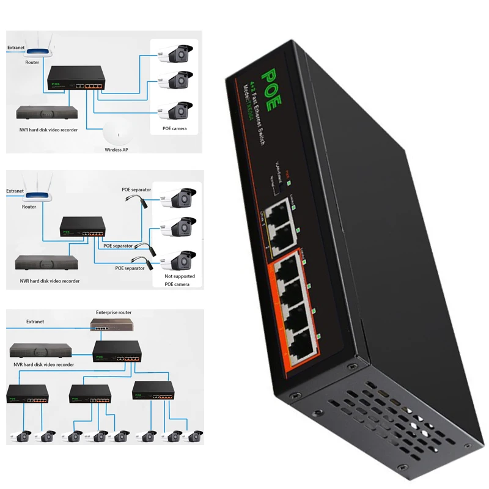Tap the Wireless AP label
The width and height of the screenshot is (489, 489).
coord(116,149)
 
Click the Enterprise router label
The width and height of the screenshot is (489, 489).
coord(114,312)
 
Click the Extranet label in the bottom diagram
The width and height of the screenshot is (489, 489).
coord(35,321)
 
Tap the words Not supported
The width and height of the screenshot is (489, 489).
coord(180,276)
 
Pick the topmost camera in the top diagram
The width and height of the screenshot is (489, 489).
coord(176,54)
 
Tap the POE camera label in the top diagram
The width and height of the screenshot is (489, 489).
coord(175,128)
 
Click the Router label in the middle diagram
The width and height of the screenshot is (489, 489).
coord(29,207)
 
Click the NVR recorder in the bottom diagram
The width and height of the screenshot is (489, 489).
coord(40,351)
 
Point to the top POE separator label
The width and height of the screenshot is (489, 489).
coord(136,189)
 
